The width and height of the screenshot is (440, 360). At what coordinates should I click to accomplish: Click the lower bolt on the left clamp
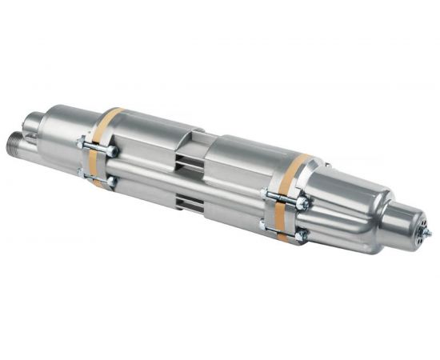[x=98, y=177]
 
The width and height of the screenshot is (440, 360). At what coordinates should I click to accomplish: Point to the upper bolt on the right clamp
[x=284, y=198]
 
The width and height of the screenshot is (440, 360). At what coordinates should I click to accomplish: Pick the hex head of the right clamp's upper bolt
[x=302, y=204]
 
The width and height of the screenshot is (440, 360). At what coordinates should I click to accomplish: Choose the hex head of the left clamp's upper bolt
[x=112, y=150]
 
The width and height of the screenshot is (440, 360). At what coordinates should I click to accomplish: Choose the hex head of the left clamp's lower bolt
[x=112, y=182]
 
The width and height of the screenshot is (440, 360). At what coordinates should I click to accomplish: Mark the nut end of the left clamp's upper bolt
[x=82, y=142]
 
